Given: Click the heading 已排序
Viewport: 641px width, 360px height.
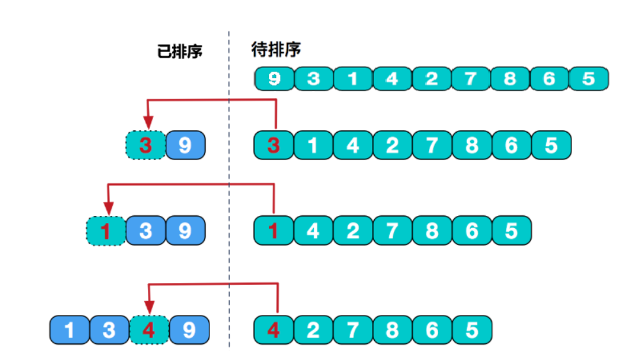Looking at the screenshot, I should [x=179, y=52].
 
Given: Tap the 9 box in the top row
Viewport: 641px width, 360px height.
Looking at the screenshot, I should [x=274, y=79].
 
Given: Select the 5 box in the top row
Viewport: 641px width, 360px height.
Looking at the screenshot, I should [x=588, y=79].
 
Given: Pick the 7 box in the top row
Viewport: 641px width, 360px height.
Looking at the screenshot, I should [x=471, y=79].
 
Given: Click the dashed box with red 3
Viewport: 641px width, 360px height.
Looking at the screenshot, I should [x=145, y=145].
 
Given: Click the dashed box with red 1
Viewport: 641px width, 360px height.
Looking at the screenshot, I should [x=106, y=230].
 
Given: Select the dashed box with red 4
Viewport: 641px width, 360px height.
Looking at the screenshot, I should [x=148, y=331].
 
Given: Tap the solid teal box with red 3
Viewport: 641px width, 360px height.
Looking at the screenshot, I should [x=274, y=145].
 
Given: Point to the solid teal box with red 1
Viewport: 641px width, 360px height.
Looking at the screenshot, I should [x=273, y=230].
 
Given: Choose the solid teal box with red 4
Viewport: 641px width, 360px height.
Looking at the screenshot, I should [x=273, y=331].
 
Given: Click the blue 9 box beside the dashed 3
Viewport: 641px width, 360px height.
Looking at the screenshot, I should [x=185, y=145].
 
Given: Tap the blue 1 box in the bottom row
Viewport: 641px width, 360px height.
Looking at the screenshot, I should [x=69, y=331].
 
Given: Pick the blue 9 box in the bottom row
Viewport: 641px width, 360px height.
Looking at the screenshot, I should [x=189, y=331].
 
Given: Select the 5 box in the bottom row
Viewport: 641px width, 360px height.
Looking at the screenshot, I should [x=472, y=331].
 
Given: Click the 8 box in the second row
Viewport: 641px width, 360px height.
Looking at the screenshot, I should [x=471, y=145].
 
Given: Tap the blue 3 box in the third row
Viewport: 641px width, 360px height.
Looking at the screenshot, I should [x=145, y=230].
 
